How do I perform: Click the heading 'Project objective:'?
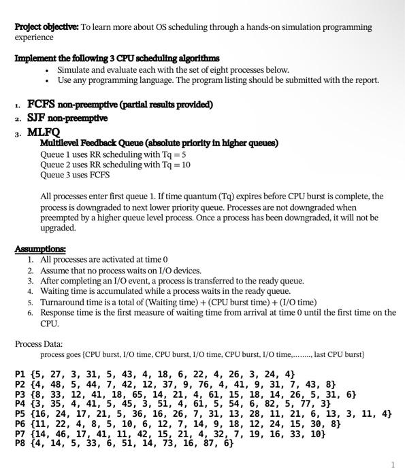pyautogui.click(x=46, y=27)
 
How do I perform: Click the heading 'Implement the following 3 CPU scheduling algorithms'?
pyautogui.click(x=116, y=58)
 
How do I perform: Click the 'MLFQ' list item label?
pyautogui.click(x=43, y=132)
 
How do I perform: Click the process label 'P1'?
pyautogui.click(x=21, y=374)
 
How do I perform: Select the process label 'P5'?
pyautogui.click(x=21, y=413)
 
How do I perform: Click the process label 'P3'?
pyautogui.click(x=21, y=394)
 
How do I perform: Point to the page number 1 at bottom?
pyautogui.click(x=393, y=464)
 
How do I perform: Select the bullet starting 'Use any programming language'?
pyautogui.click(x=218, y=80)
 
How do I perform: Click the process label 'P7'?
pyautogui.click(x=21, y=432)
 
